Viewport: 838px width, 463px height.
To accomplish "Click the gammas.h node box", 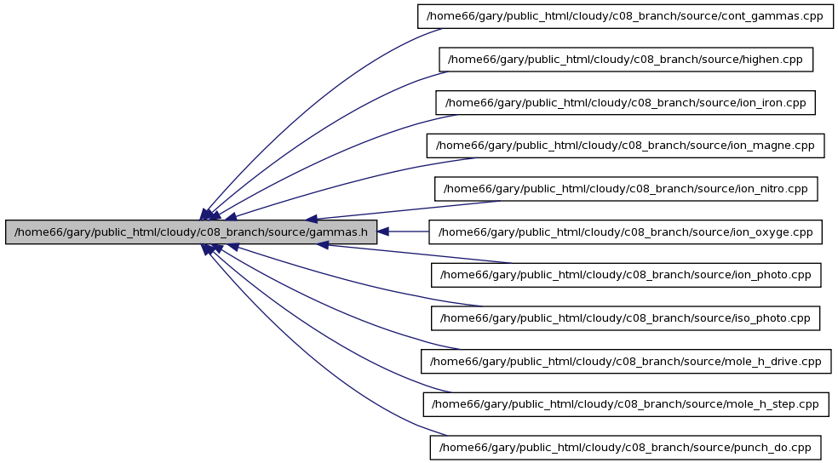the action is (x=191, y=232).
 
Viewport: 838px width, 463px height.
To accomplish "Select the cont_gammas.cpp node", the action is (x=625, y=16).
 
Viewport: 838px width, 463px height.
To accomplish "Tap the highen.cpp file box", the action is (x=626, y=60).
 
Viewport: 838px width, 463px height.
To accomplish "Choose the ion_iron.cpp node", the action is (x=625, y=102).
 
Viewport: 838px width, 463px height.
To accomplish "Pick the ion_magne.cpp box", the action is (x=625, y=146).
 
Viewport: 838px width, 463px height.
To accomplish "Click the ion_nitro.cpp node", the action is (x=626, y=189).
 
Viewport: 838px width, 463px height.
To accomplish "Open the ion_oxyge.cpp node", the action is (x=625, y=232).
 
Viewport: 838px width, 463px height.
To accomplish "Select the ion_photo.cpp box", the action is (x=626, y=275).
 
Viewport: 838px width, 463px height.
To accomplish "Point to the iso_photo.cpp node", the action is (x=625, y=318).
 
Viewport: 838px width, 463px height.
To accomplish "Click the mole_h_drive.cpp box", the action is (x=626, y=362).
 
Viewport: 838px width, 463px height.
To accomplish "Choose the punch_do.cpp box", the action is (x=625, y=448).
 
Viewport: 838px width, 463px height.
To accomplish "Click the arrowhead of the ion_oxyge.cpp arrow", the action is (x=383, y=231).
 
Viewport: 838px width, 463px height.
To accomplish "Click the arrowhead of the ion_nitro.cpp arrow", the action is (x=312, y=219).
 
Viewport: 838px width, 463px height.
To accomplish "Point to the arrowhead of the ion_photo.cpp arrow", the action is (x=322, y=244).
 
